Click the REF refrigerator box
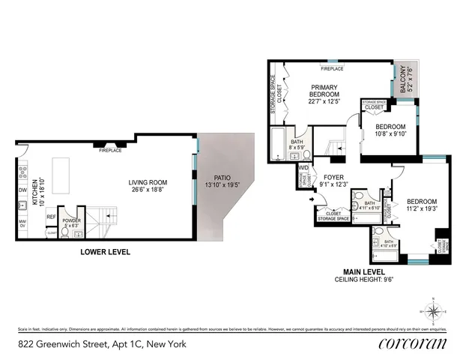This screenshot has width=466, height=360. [51, 217]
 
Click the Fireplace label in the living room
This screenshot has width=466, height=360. [110, 150]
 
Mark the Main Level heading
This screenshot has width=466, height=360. [363, 271]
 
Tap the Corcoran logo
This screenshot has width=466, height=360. [413, 344]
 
